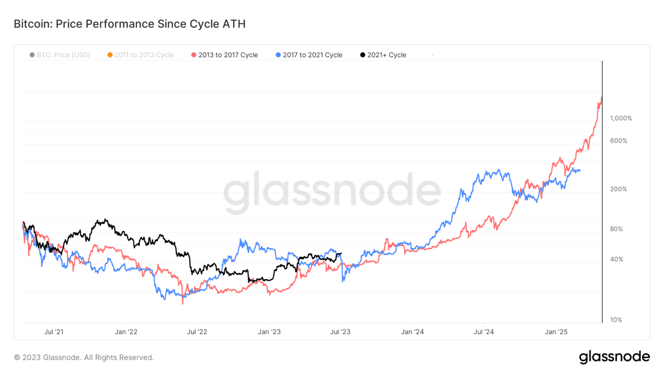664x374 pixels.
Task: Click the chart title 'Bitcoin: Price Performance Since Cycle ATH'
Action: click(129, 24)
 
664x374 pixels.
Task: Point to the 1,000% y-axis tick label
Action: click(621, 118)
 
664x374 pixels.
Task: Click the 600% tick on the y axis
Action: click(618, 141)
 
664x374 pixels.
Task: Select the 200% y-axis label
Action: click(618, 189)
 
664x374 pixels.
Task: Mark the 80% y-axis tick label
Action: click(617, 229)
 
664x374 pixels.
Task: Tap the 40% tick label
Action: click(617, 259)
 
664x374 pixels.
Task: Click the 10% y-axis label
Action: click(616, 320)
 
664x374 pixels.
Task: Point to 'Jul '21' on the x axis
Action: click(54, 332)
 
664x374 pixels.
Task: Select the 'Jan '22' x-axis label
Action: click(126, 332)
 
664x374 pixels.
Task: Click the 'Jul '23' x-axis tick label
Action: click(340, 332)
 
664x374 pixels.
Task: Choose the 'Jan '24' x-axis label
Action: click(412, 332)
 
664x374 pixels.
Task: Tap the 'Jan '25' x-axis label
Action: click(556, 332)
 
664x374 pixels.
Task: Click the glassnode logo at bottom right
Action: click(614, 357)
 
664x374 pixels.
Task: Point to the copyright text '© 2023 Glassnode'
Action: click(84, 357)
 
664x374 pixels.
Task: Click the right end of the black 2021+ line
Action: click(341, 253)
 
